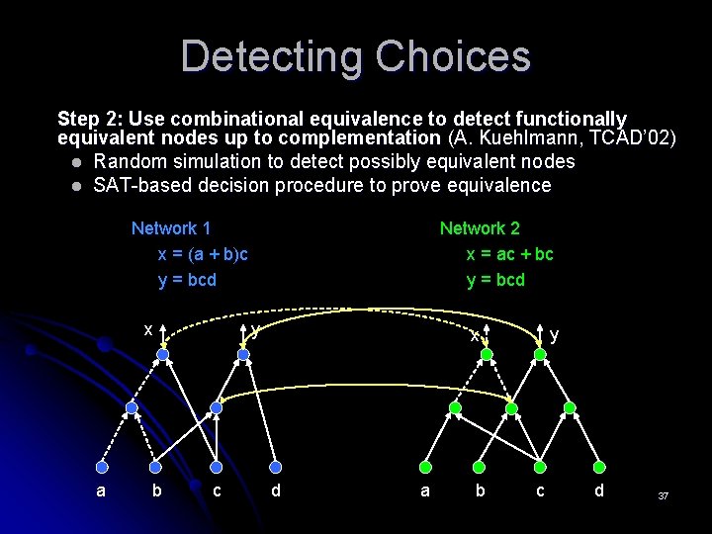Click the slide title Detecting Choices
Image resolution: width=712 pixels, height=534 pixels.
coord(355,56)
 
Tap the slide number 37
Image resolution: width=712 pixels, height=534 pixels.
coord(664,495)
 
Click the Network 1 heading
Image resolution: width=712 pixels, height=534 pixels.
coord(171,228)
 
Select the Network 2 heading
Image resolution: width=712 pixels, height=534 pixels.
coord(480,228)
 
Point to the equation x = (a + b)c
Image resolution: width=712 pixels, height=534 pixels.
coord(203,254)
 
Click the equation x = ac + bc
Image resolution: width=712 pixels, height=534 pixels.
coord(509,254)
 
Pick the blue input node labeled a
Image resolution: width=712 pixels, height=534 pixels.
coord(101,467)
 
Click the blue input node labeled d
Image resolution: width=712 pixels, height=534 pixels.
coord(276,467)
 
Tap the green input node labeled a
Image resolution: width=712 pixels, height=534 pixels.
coord(424,467)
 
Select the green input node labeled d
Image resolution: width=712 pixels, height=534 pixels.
coord(599,467)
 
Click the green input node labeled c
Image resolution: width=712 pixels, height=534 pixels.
coord(540,467)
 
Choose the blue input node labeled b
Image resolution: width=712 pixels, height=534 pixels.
coord(158,467)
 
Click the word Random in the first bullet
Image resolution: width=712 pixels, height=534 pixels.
coord(128,161)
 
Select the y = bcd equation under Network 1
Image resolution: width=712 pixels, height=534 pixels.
coord(187,280)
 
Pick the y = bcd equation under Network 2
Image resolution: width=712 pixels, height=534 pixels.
coord(495,280)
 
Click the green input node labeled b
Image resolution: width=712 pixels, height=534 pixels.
coord(482,467)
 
